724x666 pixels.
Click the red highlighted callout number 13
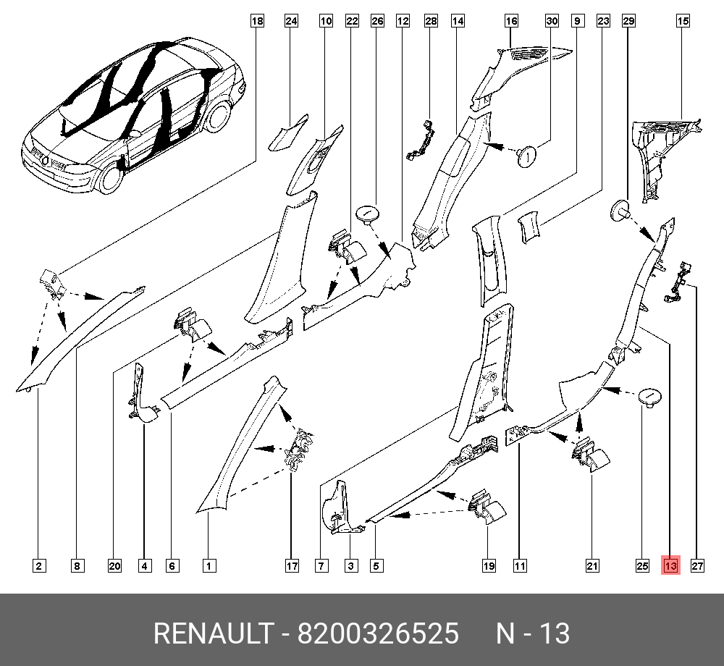click(x=670, y=565)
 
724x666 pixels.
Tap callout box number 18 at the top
click(x=257, y=21)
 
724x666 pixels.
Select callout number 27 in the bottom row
click(x=697, y=566)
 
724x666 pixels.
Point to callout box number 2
click(x=39, y=566)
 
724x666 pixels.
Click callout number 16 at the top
click(x=511, y=21)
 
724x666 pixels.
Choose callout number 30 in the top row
click(x=552, y=21)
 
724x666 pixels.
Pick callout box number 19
click(x=489, y=566)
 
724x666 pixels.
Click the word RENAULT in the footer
click(x=214, y=633)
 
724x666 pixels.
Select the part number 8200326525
click(x=378, y=633)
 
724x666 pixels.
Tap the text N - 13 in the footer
click(x=533, y=633)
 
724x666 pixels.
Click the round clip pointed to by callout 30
click(x=526, y=156)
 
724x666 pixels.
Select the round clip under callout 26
click(x=368, y=214)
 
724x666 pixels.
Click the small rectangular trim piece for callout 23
click(x=529, y=227)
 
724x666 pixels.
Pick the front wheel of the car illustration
click(x=111, y=177)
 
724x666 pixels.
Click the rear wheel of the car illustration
click(x=217, y=117)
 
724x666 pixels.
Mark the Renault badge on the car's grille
click(x=45, y=161)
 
